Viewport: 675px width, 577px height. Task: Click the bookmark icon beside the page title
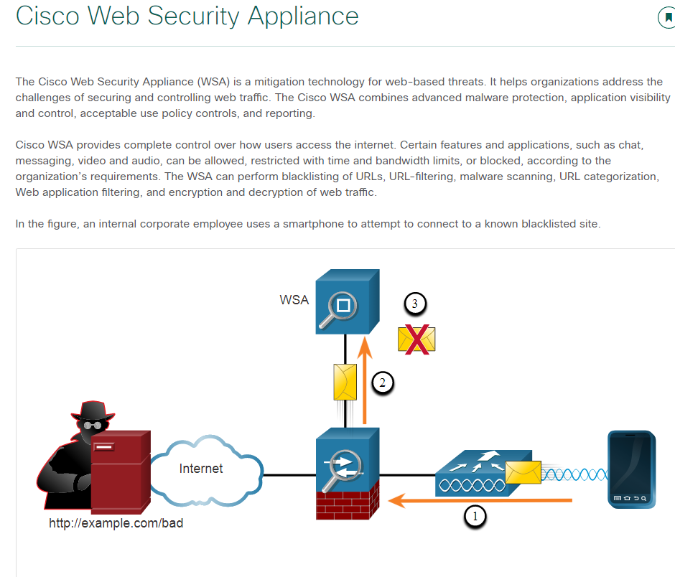tap(667, 18)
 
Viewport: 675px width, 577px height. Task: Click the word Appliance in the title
tap(302, 15)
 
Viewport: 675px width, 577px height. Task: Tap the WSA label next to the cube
tap(294, 299)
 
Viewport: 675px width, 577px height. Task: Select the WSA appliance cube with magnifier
tap(347, 302)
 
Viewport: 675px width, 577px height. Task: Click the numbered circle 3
tap(415, 304)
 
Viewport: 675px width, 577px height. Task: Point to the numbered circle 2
tap(383, 383)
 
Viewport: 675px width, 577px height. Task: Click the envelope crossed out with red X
tap(416, 338)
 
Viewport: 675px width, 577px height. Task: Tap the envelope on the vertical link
tap(345, 382)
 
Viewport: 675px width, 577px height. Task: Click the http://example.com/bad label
tap(116, 523)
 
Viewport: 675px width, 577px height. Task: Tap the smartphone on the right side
tap(631, 469)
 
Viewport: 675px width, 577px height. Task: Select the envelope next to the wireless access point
tap(523, 472)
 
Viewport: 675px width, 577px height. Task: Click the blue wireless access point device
tap(474, 474)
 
